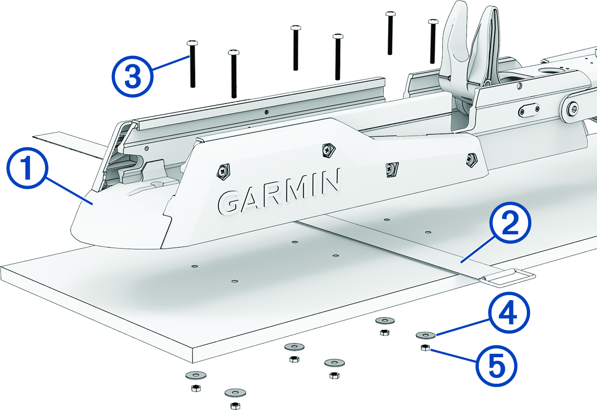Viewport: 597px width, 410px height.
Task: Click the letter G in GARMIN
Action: [232, 201]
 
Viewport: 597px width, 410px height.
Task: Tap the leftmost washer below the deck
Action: [196, 374]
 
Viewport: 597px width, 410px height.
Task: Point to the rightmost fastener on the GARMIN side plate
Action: [470, 159]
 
